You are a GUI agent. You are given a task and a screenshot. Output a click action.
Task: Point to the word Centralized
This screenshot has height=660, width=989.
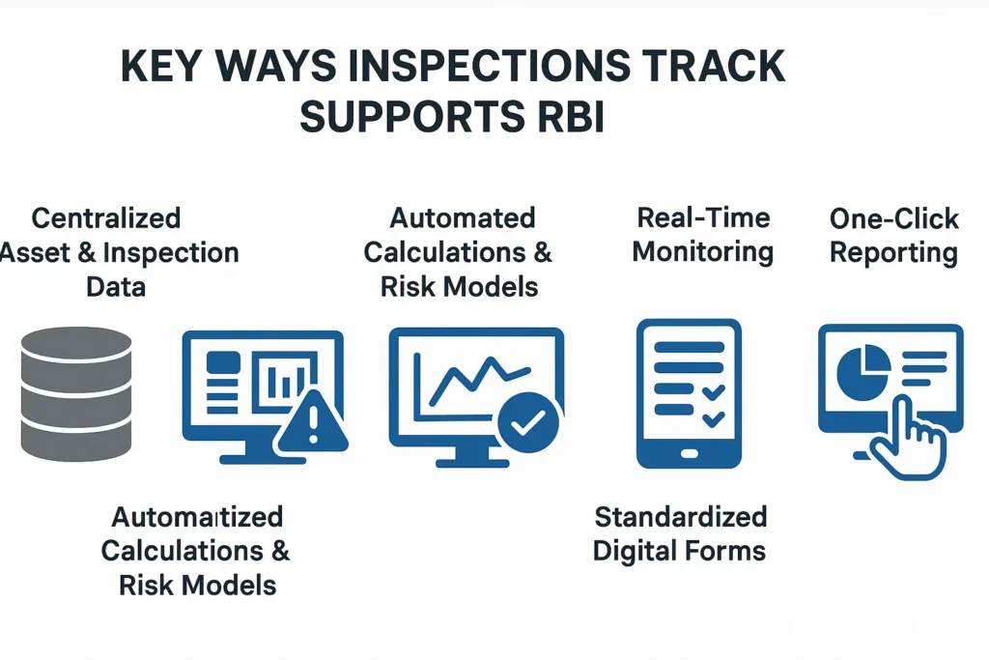106,217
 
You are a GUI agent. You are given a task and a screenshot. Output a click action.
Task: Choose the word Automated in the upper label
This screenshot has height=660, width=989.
462,217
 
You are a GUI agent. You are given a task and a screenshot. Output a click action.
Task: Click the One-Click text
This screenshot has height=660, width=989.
893,217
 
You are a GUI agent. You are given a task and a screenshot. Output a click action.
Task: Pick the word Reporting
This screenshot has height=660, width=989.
893,252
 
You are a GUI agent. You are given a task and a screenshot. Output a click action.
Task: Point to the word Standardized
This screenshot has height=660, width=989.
680,516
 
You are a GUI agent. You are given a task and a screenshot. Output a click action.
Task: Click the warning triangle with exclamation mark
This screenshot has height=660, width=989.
311,422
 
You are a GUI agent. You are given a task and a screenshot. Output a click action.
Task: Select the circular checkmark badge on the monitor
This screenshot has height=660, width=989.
529,422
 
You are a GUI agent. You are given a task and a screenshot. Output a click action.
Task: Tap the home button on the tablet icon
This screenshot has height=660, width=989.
689,452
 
